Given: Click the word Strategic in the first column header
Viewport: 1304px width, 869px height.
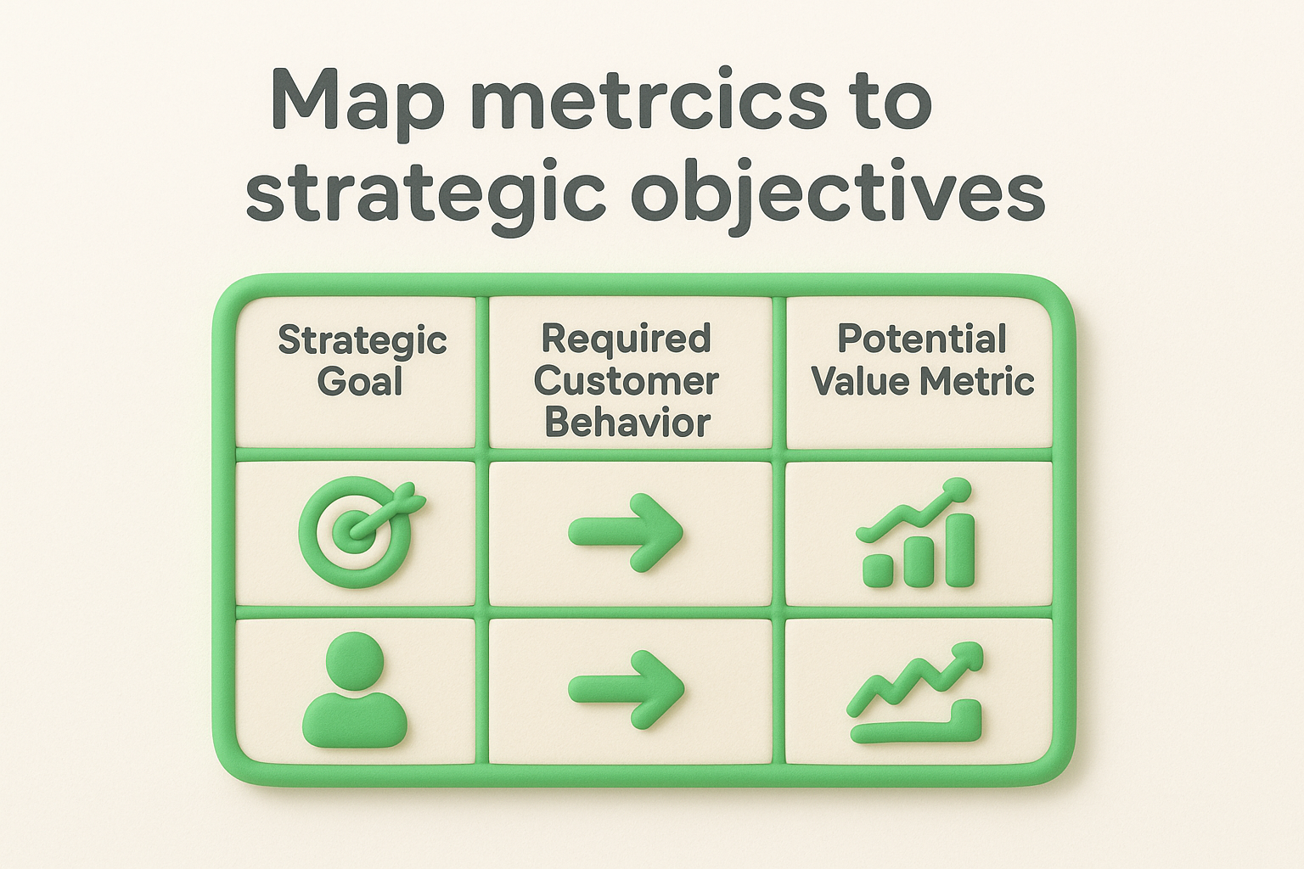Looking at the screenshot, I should coord(363,341).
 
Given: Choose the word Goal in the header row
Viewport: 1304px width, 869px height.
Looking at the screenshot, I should coord(360,381).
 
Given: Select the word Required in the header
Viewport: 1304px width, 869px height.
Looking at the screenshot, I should coord(626,339).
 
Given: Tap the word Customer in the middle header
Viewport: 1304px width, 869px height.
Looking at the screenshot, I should coord(627,380).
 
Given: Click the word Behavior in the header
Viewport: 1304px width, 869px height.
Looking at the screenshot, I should coord(627,422).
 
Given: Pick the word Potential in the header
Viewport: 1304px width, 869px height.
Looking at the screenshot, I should coord(922,339).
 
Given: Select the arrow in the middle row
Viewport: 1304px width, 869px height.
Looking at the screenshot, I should coord(626,533).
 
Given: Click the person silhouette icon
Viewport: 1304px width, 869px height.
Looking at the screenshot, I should coord(355,692).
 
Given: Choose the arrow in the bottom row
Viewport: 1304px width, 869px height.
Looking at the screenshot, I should coord(626,689).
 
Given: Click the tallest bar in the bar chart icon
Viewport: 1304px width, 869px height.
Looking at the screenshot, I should coord(960,549).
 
